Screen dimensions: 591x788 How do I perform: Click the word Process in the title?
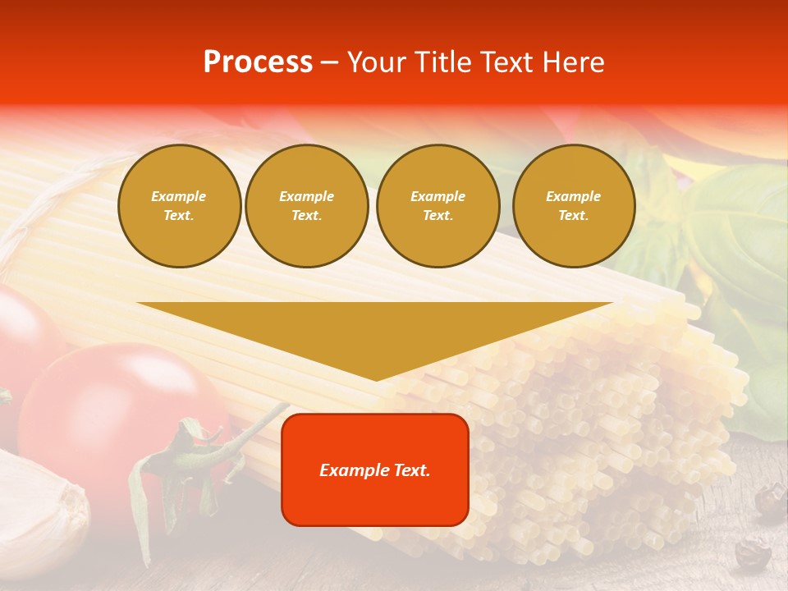coord(258,62)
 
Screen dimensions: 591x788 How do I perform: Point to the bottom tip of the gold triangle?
coord(376,378)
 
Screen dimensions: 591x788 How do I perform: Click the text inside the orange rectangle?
coord(375,470)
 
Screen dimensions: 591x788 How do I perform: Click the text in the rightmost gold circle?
coord(574,206)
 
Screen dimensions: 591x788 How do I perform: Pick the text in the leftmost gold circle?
coord(179,206)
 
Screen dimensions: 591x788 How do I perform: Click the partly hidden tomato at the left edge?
coord(25,337)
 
